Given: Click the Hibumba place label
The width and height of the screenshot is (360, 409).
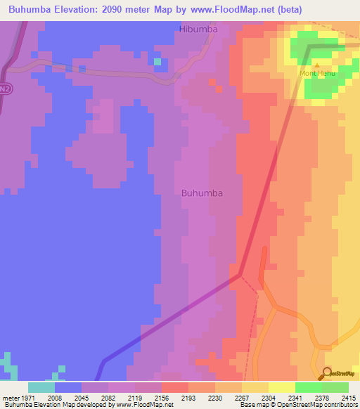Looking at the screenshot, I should pyautogui.click(x=198, y=30).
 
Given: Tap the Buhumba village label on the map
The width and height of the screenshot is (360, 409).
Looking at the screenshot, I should pyautogui.click(x=202, y=193).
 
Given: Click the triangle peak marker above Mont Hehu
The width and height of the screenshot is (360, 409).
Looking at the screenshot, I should pyautogui.click(x=316, y=65).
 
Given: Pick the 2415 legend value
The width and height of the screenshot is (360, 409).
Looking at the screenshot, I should pyautogui.click(x=348, y=397).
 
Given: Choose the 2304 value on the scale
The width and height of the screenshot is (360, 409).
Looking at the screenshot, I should pyautogui.click(x=269, y=397).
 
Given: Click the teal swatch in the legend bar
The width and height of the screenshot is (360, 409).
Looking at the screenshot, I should pyautogui.click(x=41, y=387).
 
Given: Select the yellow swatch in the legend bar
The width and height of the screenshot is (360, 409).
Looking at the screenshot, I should pyautogui.click(x=281, y=387).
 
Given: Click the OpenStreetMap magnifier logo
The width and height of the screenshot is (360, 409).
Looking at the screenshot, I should pyautogui.click(x=326, y=373).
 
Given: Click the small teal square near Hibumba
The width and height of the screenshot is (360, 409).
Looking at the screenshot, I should pyautogui.click(x=157, y=62).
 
